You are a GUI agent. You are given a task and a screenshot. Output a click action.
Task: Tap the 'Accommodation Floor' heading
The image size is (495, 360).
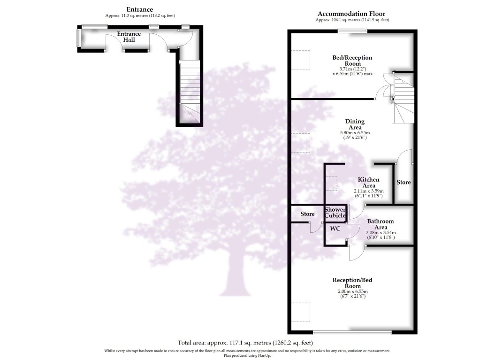coord(352,14)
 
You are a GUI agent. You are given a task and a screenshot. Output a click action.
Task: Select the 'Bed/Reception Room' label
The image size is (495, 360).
coord(352,61)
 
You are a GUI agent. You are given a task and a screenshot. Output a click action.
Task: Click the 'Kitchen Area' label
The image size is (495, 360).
coord(368,183)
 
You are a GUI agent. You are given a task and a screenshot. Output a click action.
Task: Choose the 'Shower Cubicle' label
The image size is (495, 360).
coord(336,213)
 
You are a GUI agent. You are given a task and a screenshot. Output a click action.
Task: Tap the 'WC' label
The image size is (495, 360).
coord(335,229)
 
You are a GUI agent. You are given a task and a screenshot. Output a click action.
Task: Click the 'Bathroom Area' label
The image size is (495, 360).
coord(380,224)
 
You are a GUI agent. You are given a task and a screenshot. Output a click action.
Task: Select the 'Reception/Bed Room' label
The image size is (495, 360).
coord(352,283)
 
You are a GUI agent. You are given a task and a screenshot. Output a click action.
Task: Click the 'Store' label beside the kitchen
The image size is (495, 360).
coord(404,182)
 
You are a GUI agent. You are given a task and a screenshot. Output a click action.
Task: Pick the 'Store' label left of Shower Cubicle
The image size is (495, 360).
coord(307,214)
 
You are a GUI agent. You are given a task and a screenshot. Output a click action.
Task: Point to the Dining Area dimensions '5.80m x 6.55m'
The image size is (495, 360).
coord(353,133)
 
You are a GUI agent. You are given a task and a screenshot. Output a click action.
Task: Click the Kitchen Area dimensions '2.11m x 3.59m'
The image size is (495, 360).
coord(368,191)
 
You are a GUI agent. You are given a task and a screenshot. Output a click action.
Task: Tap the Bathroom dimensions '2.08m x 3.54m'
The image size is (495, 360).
coord(380,233)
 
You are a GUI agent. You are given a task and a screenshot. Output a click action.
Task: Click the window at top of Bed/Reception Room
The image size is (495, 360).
coord(352,31)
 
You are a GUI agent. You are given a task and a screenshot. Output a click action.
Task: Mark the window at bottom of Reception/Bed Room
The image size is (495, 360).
coord(352,333)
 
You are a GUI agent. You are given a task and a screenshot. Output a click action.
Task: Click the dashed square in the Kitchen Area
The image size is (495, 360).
coord(331,183)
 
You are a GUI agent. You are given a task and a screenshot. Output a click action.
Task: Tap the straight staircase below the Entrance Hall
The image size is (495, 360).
coord(190,89)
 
